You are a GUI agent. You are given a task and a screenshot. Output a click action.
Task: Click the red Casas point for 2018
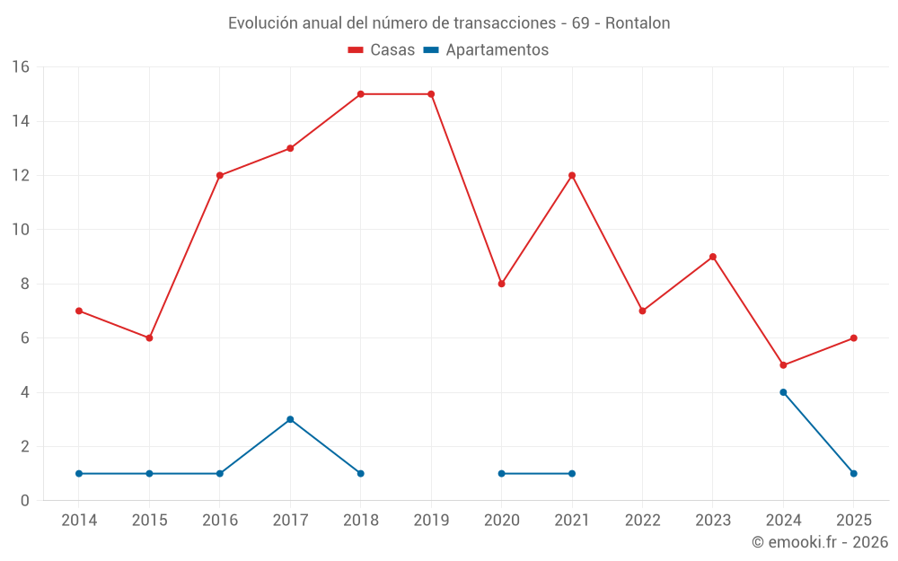(x=360, y=94)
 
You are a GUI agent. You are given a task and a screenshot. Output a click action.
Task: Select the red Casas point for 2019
(x=431, y=94)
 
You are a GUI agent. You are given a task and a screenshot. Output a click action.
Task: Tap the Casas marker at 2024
(x=783, y=365)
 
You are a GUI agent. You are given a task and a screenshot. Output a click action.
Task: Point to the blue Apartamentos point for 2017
(x=290, y=419)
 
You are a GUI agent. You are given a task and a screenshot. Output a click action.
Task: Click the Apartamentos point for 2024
(x=783, y=392)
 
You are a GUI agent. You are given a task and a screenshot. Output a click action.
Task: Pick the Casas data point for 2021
(x=572, y=175)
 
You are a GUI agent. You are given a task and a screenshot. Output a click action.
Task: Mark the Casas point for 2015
(x=149, y=338)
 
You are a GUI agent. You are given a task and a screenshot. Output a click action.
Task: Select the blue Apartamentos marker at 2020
(x=501, y=473)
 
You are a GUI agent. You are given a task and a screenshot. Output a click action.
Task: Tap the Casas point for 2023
(x=713, y=257)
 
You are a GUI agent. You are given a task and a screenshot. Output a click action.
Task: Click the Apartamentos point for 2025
(x=853, y=473)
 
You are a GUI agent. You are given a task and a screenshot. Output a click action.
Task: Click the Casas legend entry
(x=382, y=50)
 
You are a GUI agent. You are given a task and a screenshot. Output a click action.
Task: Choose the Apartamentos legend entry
(x=486, y=50)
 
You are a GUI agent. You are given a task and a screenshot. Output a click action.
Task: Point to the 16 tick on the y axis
(x=21, y=67)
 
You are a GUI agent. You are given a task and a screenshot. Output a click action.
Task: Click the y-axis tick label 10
(x=21, y=230)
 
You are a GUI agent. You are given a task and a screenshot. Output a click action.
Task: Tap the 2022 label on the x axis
(x=642, y=521)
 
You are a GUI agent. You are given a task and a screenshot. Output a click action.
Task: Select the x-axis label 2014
(x=79, y=521)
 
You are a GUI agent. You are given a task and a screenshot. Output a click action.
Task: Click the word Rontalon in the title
(x=638, y=23)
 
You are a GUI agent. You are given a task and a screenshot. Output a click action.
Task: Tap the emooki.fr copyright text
(x=819, y=542)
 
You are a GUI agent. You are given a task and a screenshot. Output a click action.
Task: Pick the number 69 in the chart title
(x=580, y=23)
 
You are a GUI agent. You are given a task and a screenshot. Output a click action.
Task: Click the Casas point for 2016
(x=220, y=175)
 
